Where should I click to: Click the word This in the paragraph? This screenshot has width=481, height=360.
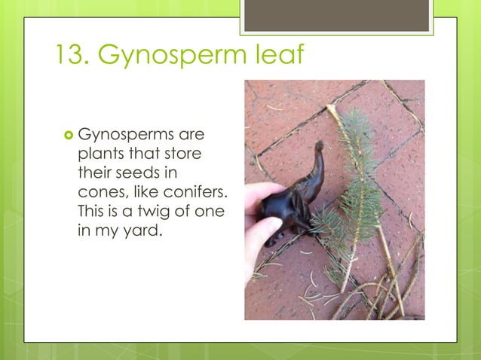pos(93,212)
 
